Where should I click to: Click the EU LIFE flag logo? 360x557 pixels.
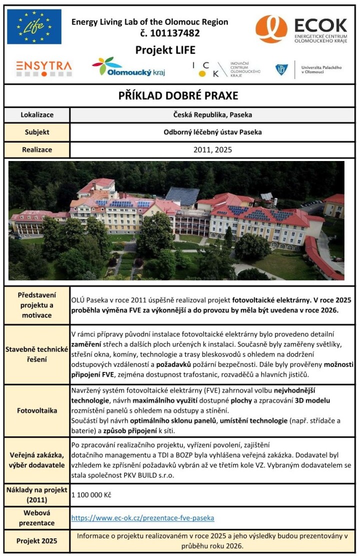34,27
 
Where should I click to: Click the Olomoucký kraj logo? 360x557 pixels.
128,67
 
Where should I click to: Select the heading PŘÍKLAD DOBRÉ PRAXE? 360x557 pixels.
178,95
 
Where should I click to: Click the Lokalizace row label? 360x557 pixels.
37,115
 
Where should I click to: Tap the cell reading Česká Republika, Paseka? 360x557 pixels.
212,115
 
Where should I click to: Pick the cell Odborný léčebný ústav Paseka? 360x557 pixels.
212,132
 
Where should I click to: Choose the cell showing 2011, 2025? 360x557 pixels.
212,149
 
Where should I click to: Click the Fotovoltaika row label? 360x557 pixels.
37,410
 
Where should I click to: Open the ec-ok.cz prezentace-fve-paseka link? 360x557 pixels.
142,518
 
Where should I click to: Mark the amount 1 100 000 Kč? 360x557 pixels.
91,495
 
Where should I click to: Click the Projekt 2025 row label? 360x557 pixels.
37,541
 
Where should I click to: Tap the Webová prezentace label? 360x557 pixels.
37,518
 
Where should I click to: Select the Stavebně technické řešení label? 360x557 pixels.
37,354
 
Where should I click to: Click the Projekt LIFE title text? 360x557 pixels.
165,50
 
